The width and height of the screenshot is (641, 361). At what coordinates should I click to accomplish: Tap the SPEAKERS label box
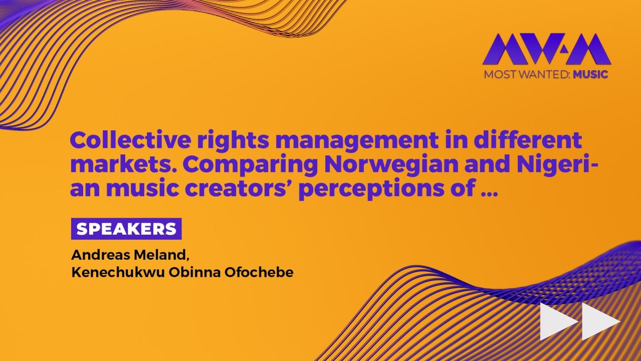click(x=126, y=229)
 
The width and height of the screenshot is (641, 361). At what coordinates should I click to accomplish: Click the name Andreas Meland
click(x=130, y=255)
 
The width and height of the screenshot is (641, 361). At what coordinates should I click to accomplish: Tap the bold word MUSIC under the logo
click(x=591, y=75)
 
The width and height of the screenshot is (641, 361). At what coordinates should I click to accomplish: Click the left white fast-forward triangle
click(x=557, y=321)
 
